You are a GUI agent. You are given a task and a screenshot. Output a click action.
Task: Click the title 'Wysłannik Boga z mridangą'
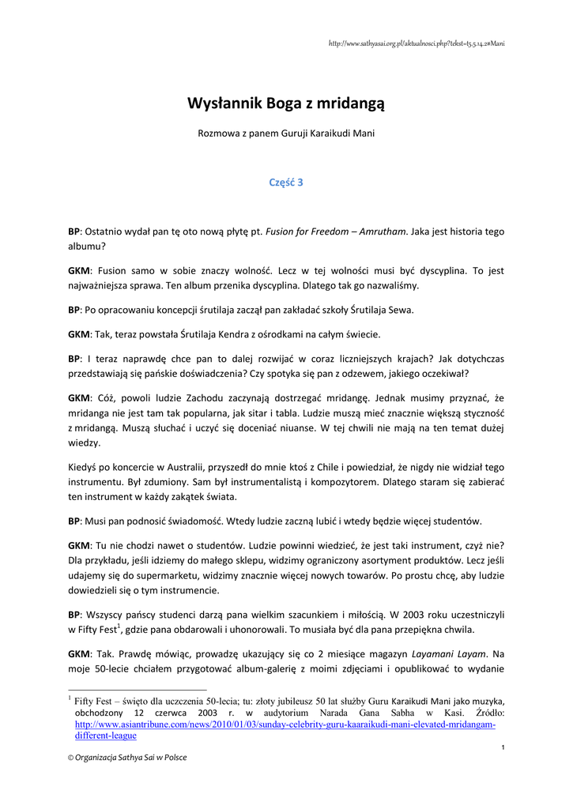click(286, 103)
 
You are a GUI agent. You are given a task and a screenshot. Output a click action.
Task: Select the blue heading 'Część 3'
click(286, 182)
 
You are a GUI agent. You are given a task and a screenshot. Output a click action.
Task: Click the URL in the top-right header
click(416, 43)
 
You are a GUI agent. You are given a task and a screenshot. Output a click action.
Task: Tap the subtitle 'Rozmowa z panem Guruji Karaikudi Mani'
click(286, 133)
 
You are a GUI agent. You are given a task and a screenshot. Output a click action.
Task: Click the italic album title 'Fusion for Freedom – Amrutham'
click(337, 231)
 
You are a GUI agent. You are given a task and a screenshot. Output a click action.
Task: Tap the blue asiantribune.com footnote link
click(285, 730)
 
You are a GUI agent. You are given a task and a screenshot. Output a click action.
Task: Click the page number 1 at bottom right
click(503, 747)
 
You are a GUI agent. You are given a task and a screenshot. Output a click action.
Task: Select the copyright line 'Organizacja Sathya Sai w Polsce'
click(130, 757)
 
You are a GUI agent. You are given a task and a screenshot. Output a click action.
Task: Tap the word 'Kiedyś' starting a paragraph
click(85, 468)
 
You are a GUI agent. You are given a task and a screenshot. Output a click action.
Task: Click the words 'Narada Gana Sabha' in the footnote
click(384, 713)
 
